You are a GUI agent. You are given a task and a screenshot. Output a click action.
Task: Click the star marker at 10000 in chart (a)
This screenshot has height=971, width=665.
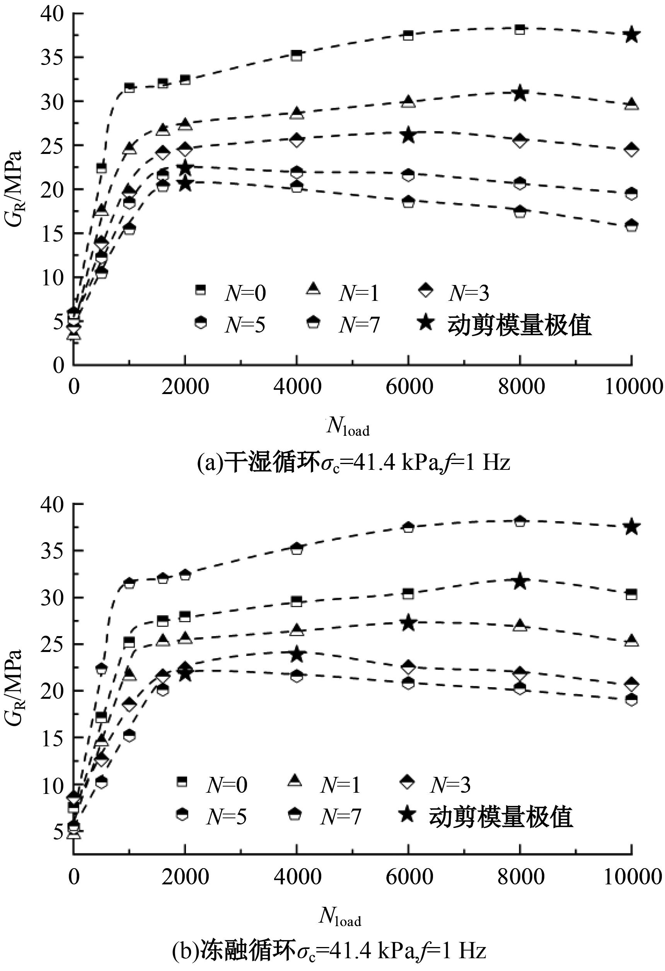632,35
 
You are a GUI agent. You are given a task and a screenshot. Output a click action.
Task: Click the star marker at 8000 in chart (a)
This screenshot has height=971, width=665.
520,93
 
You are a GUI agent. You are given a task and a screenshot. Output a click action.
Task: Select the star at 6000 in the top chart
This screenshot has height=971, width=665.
408,135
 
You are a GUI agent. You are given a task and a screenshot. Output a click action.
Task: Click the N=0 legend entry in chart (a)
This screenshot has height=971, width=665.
230,293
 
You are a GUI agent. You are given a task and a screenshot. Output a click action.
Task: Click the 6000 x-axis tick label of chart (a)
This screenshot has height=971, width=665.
409,387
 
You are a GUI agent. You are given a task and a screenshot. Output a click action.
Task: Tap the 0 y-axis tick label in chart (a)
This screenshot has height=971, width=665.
58,365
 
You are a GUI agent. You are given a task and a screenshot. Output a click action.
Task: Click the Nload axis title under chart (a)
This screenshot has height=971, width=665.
348,427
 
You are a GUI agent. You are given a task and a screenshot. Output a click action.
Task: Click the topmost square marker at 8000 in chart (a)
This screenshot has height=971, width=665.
520,29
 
